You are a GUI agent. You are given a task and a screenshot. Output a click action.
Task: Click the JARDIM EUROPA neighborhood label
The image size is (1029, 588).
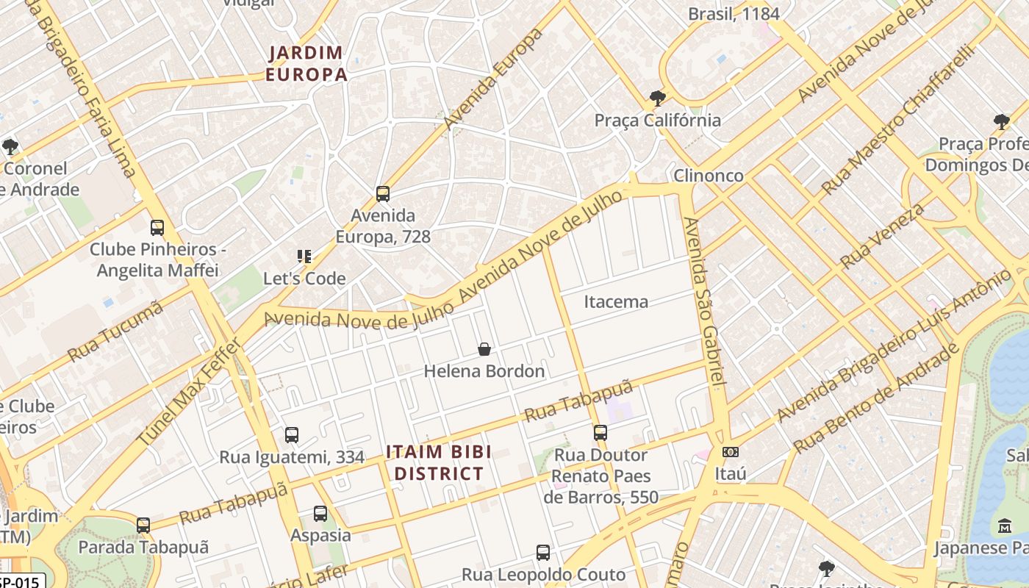(306, 63)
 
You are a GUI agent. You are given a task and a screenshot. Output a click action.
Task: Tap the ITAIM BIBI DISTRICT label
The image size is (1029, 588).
(439, 463)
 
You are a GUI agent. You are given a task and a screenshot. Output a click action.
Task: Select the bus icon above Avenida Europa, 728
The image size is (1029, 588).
(382, 194)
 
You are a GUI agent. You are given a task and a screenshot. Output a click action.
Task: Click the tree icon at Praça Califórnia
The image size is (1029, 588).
(657, 98)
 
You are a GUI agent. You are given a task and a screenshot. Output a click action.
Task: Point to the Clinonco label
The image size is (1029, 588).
(709, 176)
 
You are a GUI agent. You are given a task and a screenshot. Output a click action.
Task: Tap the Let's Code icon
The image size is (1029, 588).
(304, 257)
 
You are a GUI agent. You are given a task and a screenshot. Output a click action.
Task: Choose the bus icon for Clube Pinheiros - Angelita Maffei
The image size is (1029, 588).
(157, 228)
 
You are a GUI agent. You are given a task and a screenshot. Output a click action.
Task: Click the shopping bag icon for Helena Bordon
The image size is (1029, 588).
(484, 349)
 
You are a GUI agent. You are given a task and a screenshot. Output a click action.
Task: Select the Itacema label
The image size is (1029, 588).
(616, 301)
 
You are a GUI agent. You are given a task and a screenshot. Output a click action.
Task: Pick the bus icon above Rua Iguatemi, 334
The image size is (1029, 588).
(292, 435)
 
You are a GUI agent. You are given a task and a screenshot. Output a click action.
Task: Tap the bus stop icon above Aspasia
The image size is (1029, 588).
(320, 514)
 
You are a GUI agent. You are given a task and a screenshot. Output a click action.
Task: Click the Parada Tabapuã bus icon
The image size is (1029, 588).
(143, 526)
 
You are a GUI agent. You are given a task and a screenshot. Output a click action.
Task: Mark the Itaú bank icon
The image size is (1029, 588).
(730, 452)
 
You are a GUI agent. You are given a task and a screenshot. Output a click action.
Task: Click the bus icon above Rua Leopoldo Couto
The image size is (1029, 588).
(543, 553)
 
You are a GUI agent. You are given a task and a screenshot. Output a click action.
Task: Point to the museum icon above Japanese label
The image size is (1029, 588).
(1005, 526)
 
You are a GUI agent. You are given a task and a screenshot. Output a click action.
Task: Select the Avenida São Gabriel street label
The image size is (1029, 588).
(705, 301)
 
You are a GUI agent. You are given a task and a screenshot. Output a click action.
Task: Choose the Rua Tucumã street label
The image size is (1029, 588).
(115, 331)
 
